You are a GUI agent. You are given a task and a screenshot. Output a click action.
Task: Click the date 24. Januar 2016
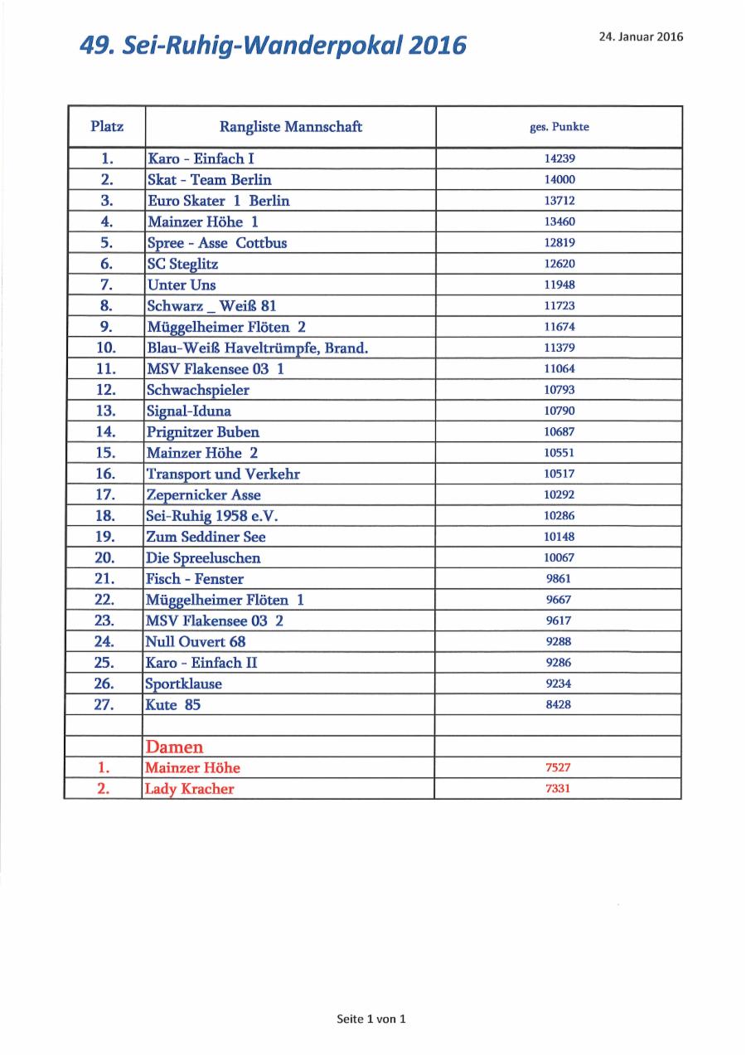pos(641,36)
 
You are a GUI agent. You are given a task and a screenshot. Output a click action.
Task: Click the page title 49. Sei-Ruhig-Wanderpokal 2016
pos(273,45)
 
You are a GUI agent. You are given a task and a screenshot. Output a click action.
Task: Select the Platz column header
pos(107,127)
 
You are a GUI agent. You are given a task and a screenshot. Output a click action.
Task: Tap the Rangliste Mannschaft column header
pos(290,127)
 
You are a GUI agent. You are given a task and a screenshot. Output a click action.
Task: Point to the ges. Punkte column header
pos(559,127)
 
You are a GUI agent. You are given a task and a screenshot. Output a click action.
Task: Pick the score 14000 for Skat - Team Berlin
pos(559,179)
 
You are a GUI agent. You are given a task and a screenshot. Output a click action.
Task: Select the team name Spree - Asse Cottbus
pos(216,243)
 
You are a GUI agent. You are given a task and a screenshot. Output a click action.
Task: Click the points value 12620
pos(559,264)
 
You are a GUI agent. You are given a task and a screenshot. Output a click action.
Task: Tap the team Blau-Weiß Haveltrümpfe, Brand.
pos(257,348)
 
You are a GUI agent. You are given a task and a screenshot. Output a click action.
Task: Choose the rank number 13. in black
pos(106,411)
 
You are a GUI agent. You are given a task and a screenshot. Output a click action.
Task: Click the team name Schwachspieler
pos(197,390)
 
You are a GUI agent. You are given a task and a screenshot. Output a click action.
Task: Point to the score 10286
pos(559,516)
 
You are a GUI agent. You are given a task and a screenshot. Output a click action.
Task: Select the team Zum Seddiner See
pos(206,537)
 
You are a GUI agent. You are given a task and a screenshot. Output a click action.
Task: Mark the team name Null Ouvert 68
pos(196,641)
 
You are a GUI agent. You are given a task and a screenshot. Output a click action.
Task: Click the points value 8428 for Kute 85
pos(559,704)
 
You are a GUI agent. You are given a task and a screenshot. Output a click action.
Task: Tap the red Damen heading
pos(174,747)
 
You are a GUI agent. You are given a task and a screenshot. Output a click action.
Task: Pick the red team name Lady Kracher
pos(189,789)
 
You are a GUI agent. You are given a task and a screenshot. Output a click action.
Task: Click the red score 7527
pos(559,768)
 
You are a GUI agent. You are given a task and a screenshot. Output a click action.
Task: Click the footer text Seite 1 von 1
pos(371,1019)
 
